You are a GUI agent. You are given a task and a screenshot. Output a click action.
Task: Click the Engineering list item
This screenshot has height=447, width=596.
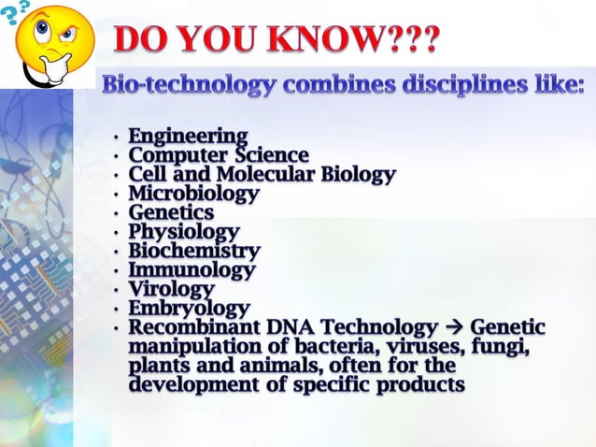click(x=188, y=137)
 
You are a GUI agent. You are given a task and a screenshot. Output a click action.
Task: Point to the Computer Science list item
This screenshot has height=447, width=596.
click(x=219, y=155)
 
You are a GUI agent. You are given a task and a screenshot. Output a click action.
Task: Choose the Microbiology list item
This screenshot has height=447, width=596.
click(x=193, y=194)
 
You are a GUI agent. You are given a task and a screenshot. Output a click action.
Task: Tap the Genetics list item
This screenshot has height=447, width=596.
click(x=171, y=213)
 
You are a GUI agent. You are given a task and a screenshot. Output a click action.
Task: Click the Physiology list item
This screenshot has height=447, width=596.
click(x=184, y=232)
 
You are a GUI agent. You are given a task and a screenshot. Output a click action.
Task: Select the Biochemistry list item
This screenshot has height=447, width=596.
click(x=194, y=252)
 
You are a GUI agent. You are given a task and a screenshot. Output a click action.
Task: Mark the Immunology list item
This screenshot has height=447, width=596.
click(x=192, y=270)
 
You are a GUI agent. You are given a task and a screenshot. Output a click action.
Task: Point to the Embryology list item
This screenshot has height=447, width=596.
click(x=190, y=309)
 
